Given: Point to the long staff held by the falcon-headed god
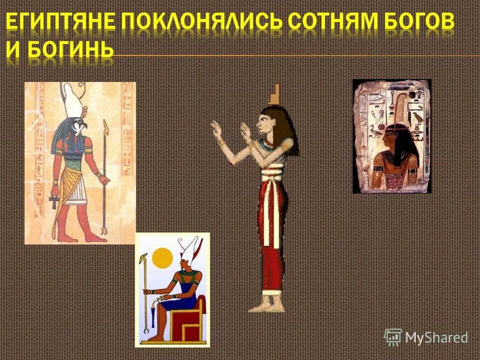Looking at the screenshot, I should pyautogui.click(x=105, y=175).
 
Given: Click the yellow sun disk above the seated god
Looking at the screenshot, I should pyautogui.click(x=162, y=258).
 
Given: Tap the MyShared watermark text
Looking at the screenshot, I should pyautogui.click(x=436, y=337).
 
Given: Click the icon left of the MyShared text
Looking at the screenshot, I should pyautogui.click(x=393, y=337).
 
